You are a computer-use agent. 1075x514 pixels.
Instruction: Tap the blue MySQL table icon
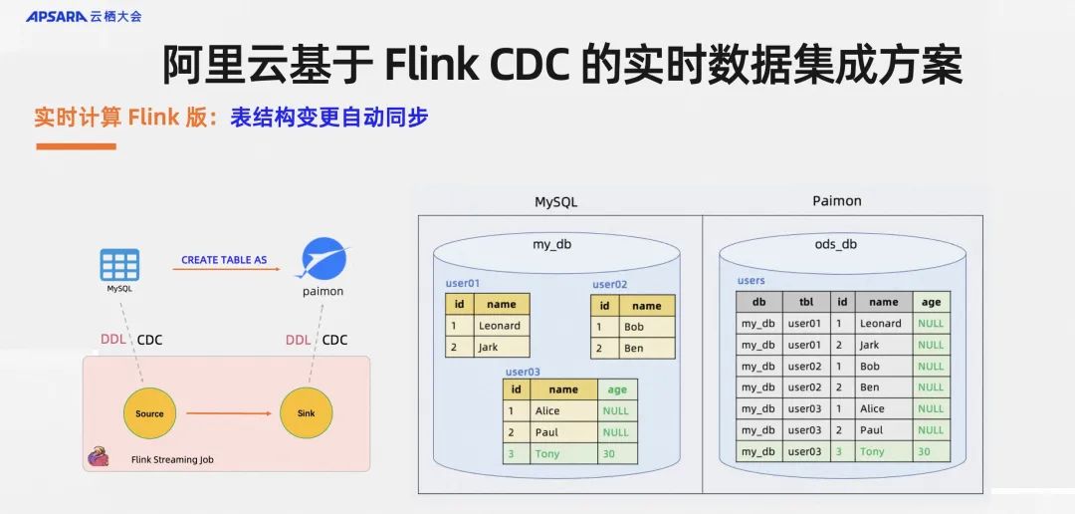click(x=119, y=265)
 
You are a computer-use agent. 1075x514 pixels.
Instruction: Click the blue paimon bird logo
click(x=322, y=258)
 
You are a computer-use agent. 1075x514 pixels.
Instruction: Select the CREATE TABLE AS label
click(x=224, y=260)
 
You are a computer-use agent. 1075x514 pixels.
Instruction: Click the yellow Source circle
click(x=149, y=413)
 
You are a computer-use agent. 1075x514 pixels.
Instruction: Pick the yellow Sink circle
click(x=306, y=413)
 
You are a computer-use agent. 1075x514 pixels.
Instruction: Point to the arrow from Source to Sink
click(x=228, y=413)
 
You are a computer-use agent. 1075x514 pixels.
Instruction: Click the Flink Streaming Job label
click(x=172, y=460)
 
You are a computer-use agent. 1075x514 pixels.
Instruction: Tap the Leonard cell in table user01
click(x=500, y=326)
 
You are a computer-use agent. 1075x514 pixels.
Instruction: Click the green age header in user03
click(x=617, y=389)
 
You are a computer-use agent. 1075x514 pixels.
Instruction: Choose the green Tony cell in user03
click(x=547, y=454)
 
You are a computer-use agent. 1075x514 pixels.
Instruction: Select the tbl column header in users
click(x=805, y=302)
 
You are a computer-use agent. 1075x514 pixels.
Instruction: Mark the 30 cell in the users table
click(x=930, y=451)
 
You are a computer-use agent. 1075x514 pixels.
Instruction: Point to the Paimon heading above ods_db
click(x=836, y=201)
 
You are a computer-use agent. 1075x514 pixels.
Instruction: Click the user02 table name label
click(x=609, y=284)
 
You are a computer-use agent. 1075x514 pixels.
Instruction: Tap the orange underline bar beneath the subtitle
click(x=76, y=146)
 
